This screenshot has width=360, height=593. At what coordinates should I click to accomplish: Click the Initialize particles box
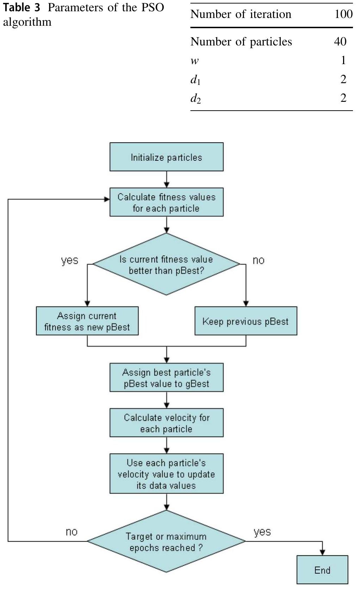[x=166, y=157]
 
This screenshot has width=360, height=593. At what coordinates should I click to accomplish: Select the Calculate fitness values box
[x=166, y=202]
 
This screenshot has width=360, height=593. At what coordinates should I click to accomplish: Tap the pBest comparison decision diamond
[x=166, y=264]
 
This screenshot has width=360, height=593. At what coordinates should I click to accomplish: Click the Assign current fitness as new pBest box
[x=87, y=321]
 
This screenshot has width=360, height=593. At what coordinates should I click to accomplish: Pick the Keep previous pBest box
[x=246, y=321]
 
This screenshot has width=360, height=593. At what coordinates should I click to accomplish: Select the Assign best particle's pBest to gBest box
[x=166, y=378]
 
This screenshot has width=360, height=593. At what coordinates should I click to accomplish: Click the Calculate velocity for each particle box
[x=166, y=423]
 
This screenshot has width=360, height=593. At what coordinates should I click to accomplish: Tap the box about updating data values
[x=166, y=474]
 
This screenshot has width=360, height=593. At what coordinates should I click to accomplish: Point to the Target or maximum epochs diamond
[x=166, y=542]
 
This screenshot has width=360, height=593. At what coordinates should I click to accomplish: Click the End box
[x=322, y=570]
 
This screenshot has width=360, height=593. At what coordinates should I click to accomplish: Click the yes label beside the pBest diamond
[x=69, y=260]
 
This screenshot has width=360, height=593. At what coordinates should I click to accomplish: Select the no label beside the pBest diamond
[x=258, y=260]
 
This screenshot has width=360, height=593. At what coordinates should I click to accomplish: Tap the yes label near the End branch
[x=262, y=532]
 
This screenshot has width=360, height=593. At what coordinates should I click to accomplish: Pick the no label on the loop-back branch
[x=72, y=532]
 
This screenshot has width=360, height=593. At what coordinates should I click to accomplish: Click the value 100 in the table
[x=343, y=14]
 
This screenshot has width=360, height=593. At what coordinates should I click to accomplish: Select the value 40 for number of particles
[x=340, y=42]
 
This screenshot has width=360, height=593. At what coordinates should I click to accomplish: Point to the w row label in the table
[x=195, y=61]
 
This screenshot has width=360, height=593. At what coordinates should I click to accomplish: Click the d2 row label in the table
[x=196, y=98]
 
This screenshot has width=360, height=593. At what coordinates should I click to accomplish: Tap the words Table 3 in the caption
[x=22, y=8]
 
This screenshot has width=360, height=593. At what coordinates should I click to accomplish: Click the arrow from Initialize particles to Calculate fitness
[x=166, y=180]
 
